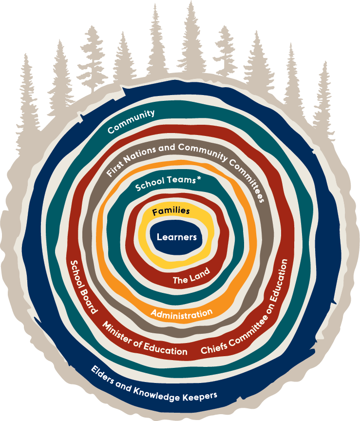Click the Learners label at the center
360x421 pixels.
pos(177,237)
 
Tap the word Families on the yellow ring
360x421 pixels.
pos(171,212)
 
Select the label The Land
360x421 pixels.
pos(191,276)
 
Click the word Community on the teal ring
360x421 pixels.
pos(131,121)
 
